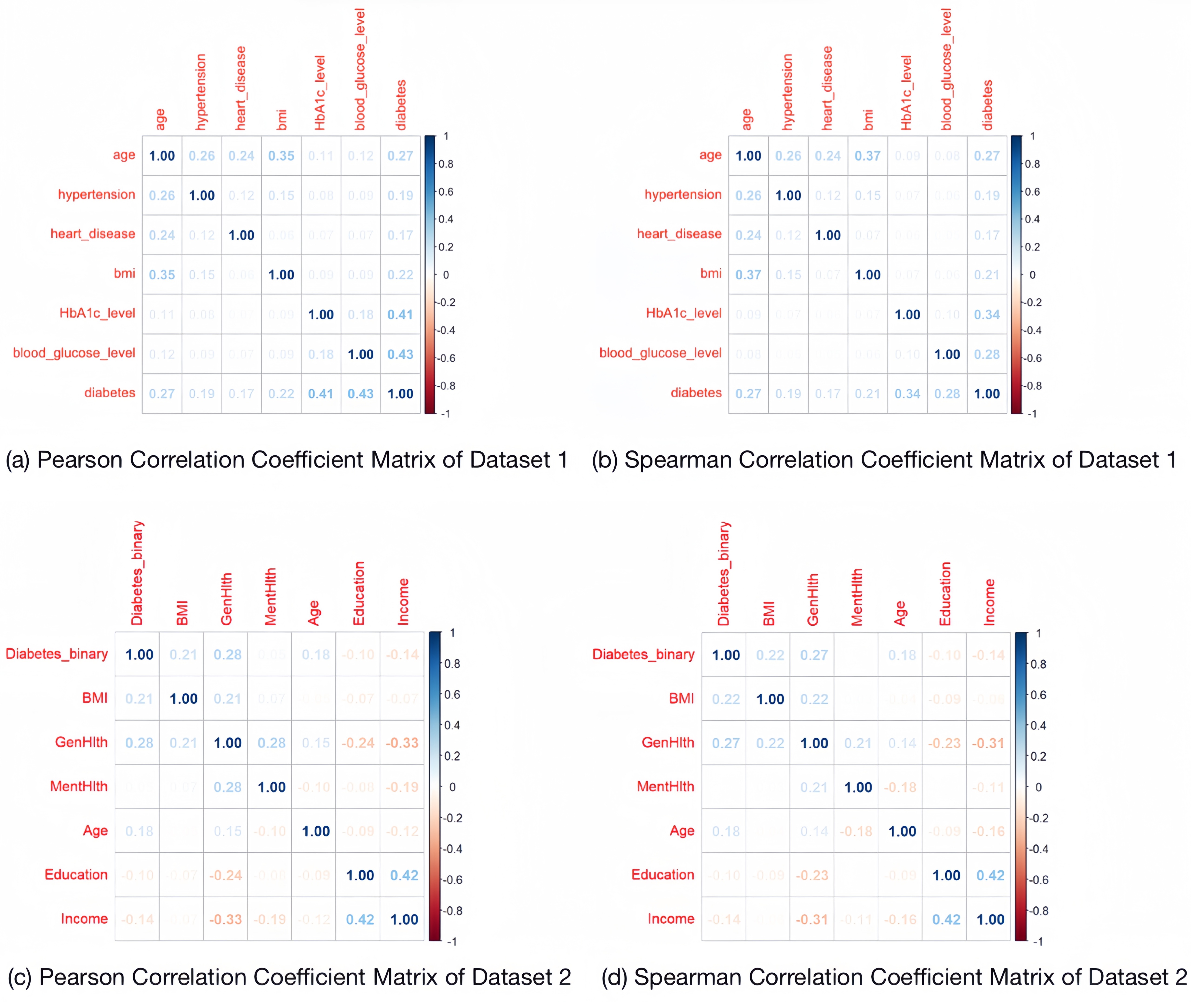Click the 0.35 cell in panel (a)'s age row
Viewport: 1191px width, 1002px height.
[281, 156]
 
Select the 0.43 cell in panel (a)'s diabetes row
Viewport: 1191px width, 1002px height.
[361, 394]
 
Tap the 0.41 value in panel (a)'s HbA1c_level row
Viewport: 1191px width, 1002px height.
[400, 314]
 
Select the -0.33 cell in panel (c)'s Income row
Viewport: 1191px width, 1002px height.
[225, 919]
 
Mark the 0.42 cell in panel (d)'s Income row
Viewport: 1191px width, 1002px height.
[946, 919]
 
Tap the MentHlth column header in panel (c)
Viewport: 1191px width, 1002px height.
[271, 596]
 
